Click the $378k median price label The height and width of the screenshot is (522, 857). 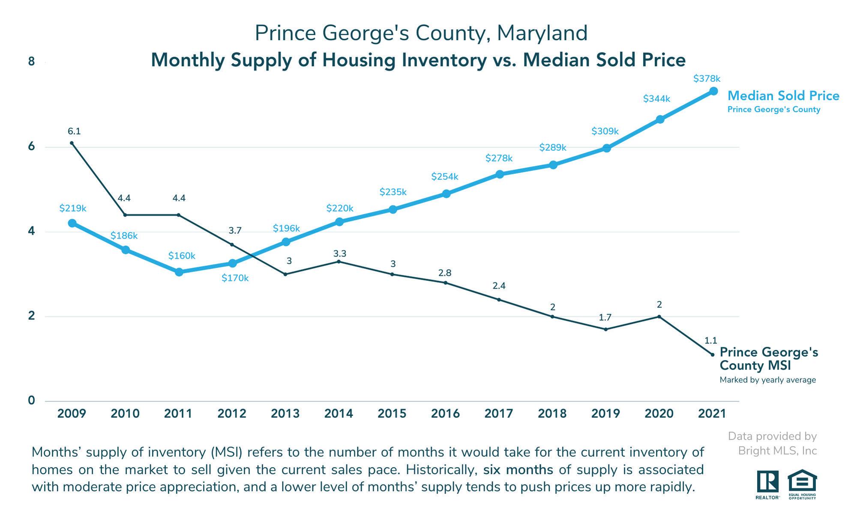click(x=707, y=79)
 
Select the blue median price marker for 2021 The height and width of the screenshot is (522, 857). click(x=713, y=91)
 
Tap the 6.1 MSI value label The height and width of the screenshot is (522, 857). click(x=74, y=131)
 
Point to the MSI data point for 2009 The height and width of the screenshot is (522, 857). click(x=72, y=143)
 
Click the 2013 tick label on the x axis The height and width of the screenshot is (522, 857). click(x=285, y=414)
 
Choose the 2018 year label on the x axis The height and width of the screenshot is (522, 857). click(x=552, y=414)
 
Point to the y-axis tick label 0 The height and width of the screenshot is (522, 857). click(x=31, y=400)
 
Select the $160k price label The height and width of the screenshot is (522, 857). click(x=182, y=256)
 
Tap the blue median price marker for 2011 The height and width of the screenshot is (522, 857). click(x=179, y=272)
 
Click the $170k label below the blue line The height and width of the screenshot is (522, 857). click(x=235, y=278)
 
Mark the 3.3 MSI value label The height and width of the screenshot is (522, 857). click(x=340, y=254)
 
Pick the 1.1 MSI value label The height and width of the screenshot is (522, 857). click(x=711, y=341)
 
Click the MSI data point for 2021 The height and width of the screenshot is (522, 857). click(x=713, y=355)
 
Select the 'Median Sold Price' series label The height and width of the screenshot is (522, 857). click(x=783, y=96)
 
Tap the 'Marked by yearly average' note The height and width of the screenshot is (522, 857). click(x=767, y=380)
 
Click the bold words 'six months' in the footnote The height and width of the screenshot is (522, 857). click(x=518, y=470)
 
